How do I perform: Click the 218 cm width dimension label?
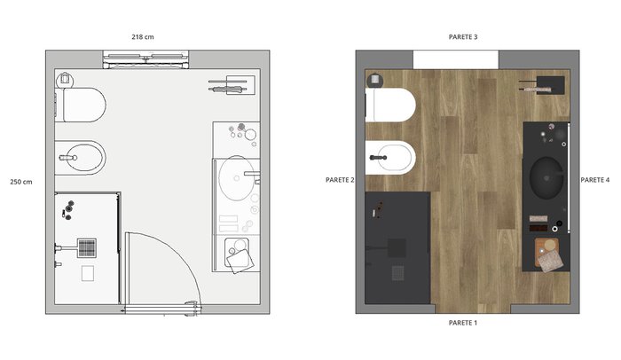point(143,37)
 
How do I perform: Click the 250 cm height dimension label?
point(21,182)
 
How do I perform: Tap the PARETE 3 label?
point(463,37)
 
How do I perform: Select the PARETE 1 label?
point(463,323)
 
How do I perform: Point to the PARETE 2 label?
point(340,180)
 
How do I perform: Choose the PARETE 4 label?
point(595,180)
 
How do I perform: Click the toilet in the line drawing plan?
point(81,105)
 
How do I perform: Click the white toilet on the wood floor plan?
point(390,105)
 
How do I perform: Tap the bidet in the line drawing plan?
point(81,158)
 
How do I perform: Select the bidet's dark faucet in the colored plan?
point(378,158)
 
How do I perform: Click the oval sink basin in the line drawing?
point(237,178)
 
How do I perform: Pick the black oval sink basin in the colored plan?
point(546,178)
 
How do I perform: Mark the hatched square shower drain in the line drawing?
point(87,248)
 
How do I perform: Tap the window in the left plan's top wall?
point(145,59)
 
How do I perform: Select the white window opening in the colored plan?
point(456,59)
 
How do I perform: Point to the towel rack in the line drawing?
point(232,85)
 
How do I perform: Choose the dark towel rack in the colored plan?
point(542,85)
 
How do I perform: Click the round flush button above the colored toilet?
point(374,80)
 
